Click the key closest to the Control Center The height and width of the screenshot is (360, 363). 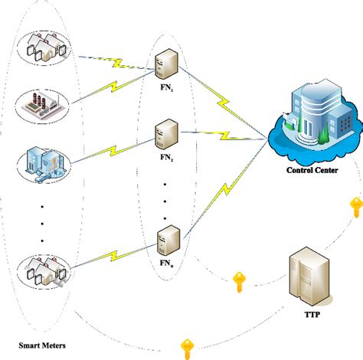pos(355,207)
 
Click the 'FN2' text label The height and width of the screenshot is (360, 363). pos(165,159)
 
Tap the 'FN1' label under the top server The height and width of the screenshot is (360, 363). pos(165,87)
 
